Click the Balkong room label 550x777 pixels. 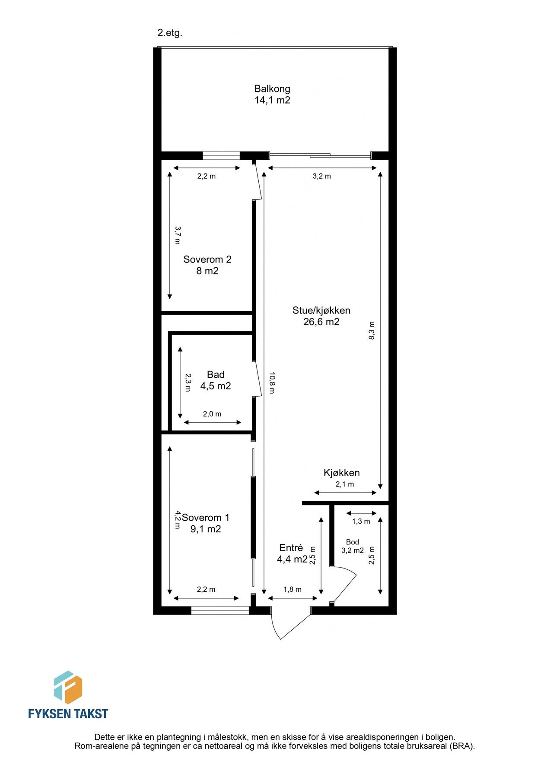[x=272, y=89]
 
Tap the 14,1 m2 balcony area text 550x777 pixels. [x=272, y=101]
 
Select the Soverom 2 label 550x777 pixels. [x=207, y=259]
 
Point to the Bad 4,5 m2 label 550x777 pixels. [x=216, y=380]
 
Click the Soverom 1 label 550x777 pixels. [x=206, y=518]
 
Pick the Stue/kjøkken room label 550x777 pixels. [x=321, y=310]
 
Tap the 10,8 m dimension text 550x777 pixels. [x=271, y=382]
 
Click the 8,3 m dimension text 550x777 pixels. [x=372, y=331]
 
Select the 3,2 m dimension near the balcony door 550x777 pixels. [x=321, y=176]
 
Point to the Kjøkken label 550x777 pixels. [x=341, y=473]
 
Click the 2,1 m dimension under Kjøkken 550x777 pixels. [x=344, y=484]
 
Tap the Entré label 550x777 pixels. [x=291, y=548]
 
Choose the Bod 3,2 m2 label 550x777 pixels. [x=352, y=546]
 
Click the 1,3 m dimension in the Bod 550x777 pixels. [x=361, y=521]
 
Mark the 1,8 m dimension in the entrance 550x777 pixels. [x=292, y=589]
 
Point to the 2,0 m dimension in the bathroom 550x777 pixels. [x=212, y=414]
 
